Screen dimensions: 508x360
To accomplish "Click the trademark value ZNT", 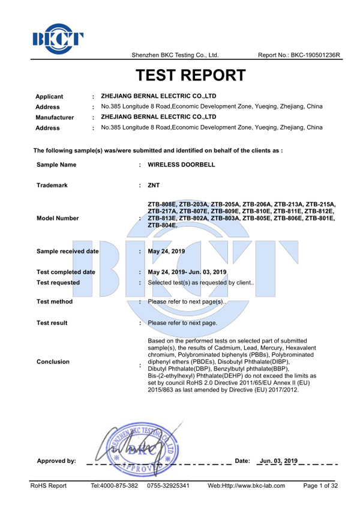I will pos(154,186).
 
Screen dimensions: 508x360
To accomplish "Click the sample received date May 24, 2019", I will pos(166,251).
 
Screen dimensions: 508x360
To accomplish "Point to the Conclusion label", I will pos(53,361).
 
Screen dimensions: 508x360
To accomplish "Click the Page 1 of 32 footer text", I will pos(321,485).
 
